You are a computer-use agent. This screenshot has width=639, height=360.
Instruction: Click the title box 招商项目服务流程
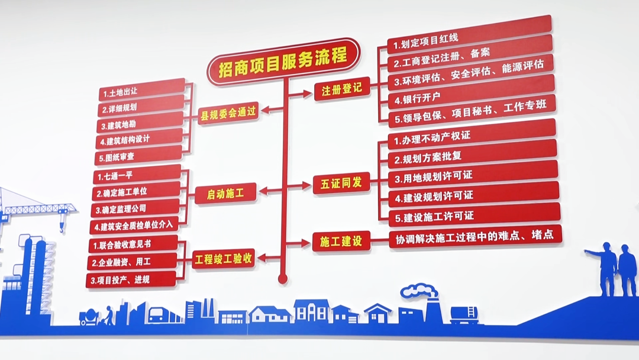(x=283, y=60)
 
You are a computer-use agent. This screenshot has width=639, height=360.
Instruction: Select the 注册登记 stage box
(x=341, y=89)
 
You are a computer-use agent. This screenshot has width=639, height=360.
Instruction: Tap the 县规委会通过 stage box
(x=228, y=112)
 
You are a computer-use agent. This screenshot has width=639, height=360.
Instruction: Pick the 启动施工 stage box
(x=225, y=193)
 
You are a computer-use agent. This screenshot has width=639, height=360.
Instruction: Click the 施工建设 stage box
(x=341, y=241)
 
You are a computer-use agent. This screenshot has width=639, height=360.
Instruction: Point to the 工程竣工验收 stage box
(x=224, y=259)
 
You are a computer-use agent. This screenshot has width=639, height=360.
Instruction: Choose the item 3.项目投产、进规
(x=131, y=279)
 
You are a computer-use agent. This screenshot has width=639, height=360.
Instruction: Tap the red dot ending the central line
(x=283, y=278)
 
